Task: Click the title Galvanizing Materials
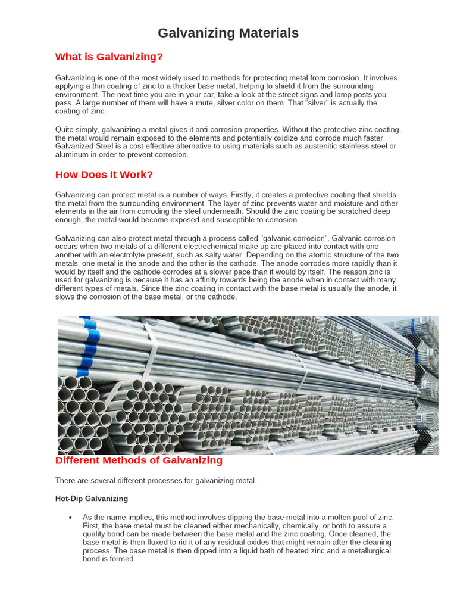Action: coord(228,33)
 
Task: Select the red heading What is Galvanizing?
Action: coord(109,57)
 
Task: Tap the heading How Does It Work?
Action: coord(104,175)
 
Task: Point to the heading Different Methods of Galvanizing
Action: coord(139,460)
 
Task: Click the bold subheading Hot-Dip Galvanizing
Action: coord(91,499)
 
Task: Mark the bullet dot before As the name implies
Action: coord(71,518)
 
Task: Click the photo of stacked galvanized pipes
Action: coord(248,385)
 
